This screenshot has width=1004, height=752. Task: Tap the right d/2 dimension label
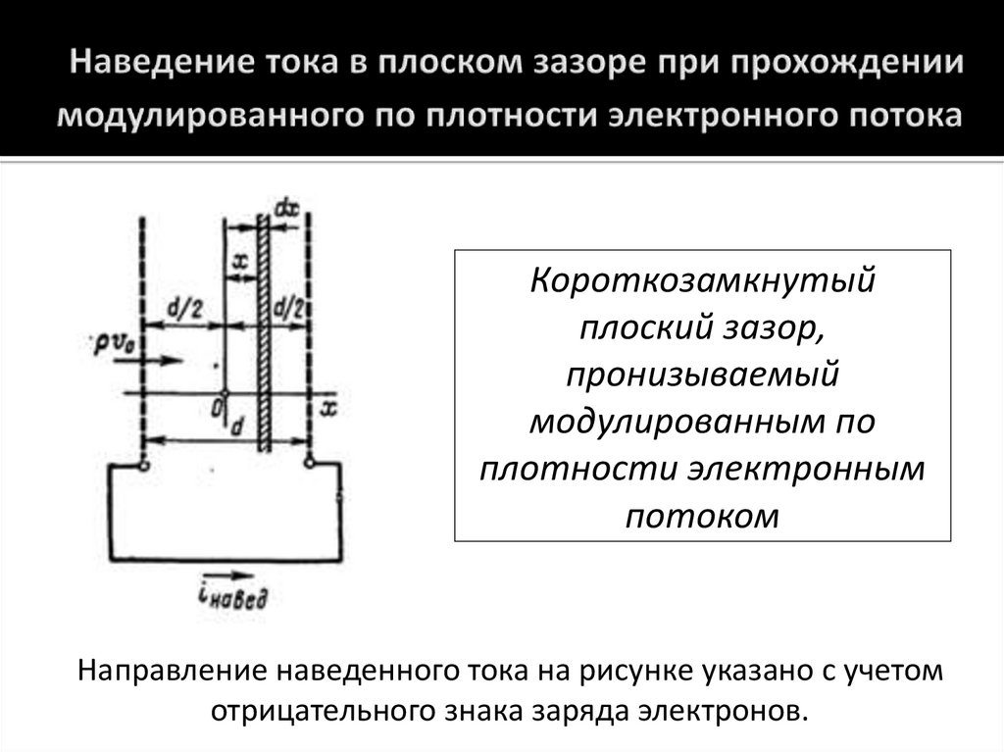click(x=288, y=310)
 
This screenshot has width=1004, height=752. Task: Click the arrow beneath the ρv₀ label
click(x=156, y=360)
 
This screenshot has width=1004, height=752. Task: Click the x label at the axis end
click(x=329, y=406)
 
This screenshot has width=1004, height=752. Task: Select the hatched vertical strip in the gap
click(x=263, y=333)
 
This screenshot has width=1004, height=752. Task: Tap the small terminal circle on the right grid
click(x=309, y=463)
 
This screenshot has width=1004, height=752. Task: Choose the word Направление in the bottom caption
click(x=176, y=672)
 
